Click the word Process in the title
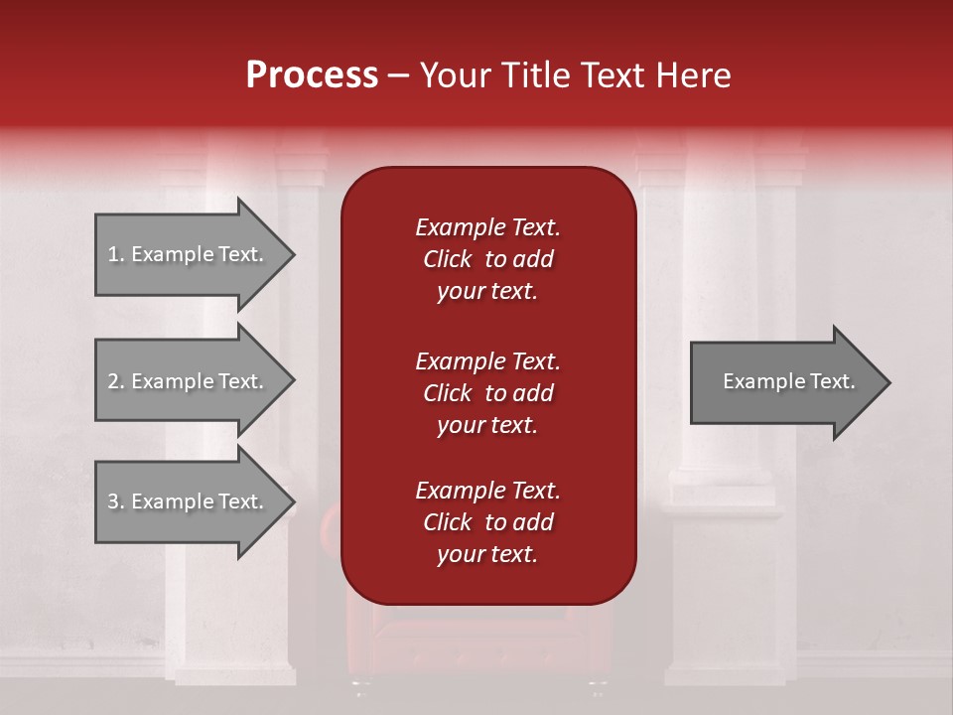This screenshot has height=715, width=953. click(x=312, y=75)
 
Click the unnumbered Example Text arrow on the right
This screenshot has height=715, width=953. click(x=784, y=381)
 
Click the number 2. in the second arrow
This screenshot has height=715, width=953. click(x=116, y=381)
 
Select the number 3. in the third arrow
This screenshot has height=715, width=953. click(x=116, y=501)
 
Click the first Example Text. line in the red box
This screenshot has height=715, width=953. click(x=487, y=227)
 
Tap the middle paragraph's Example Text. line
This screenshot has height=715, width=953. click(x=487, y=361)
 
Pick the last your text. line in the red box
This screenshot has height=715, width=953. click(x=487, y=555)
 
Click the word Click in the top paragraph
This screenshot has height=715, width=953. click(x=447, y=259)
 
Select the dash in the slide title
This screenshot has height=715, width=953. click(x=399, y=75)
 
